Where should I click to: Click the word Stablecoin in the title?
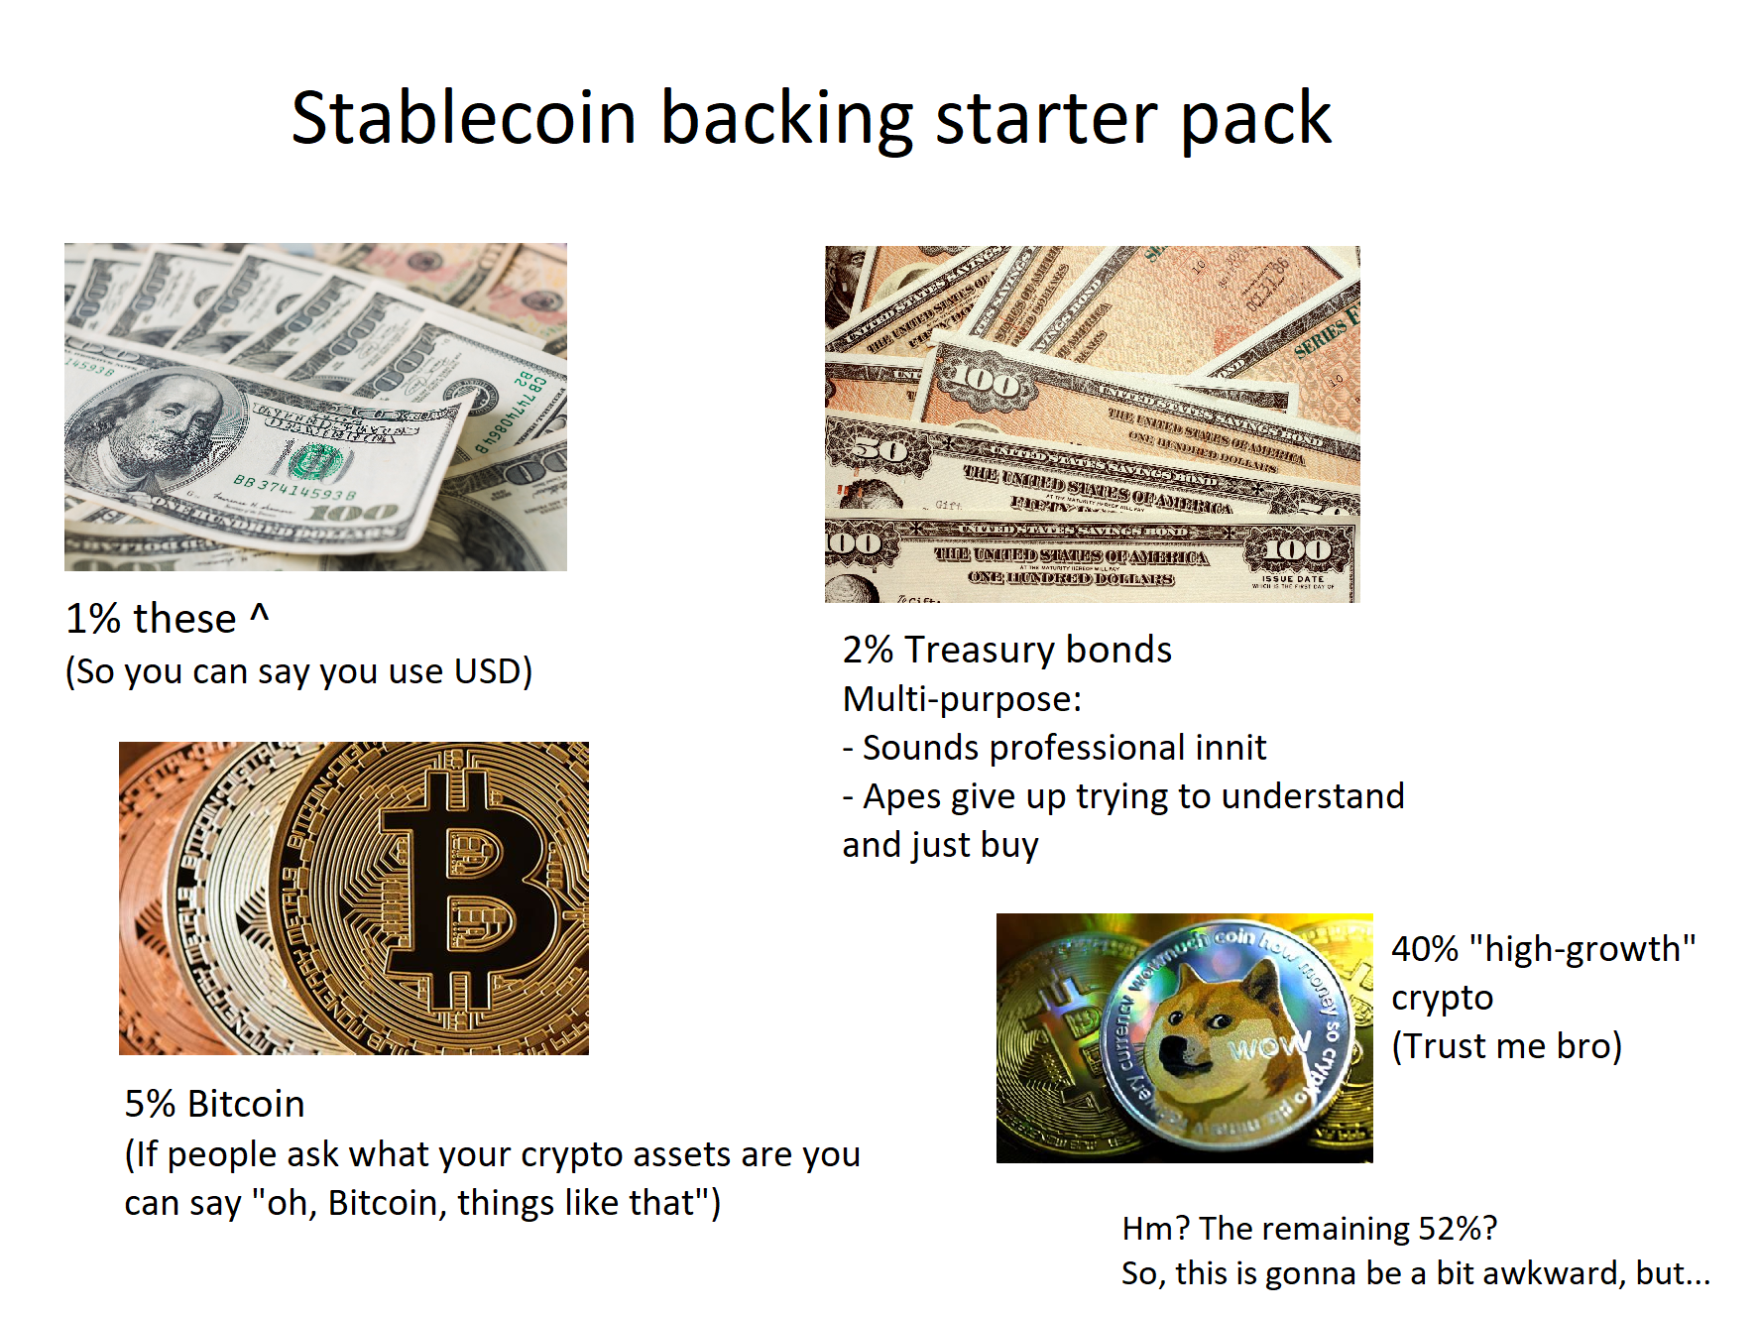pos(463,118)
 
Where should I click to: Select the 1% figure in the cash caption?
pos(93,619)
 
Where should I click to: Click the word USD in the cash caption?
pos(487,671)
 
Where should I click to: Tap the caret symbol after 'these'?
pos(259,615)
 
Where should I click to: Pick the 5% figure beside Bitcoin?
pos(150,1104)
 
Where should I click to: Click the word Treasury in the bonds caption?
pos(980,650)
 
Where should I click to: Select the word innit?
pos(1231,748)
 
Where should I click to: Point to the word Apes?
pos(903,796)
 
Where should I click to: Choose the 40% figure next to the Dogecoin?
pos(1425,949)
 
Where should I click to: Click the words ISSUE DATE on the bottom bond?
pos(1293,578)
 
